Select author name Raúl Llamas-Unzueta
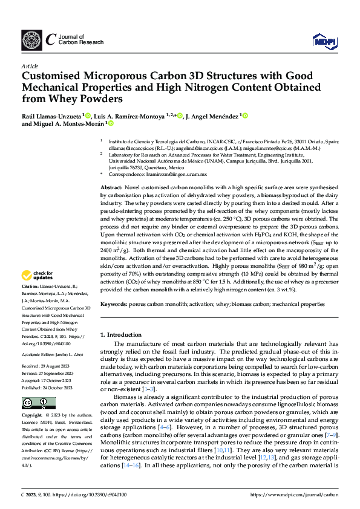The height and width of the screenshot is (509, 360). point(51,115)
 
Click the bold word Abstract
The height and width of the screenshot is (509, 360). point(110,189)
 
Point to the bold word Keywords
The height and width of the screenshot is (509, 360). point(113,304)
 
